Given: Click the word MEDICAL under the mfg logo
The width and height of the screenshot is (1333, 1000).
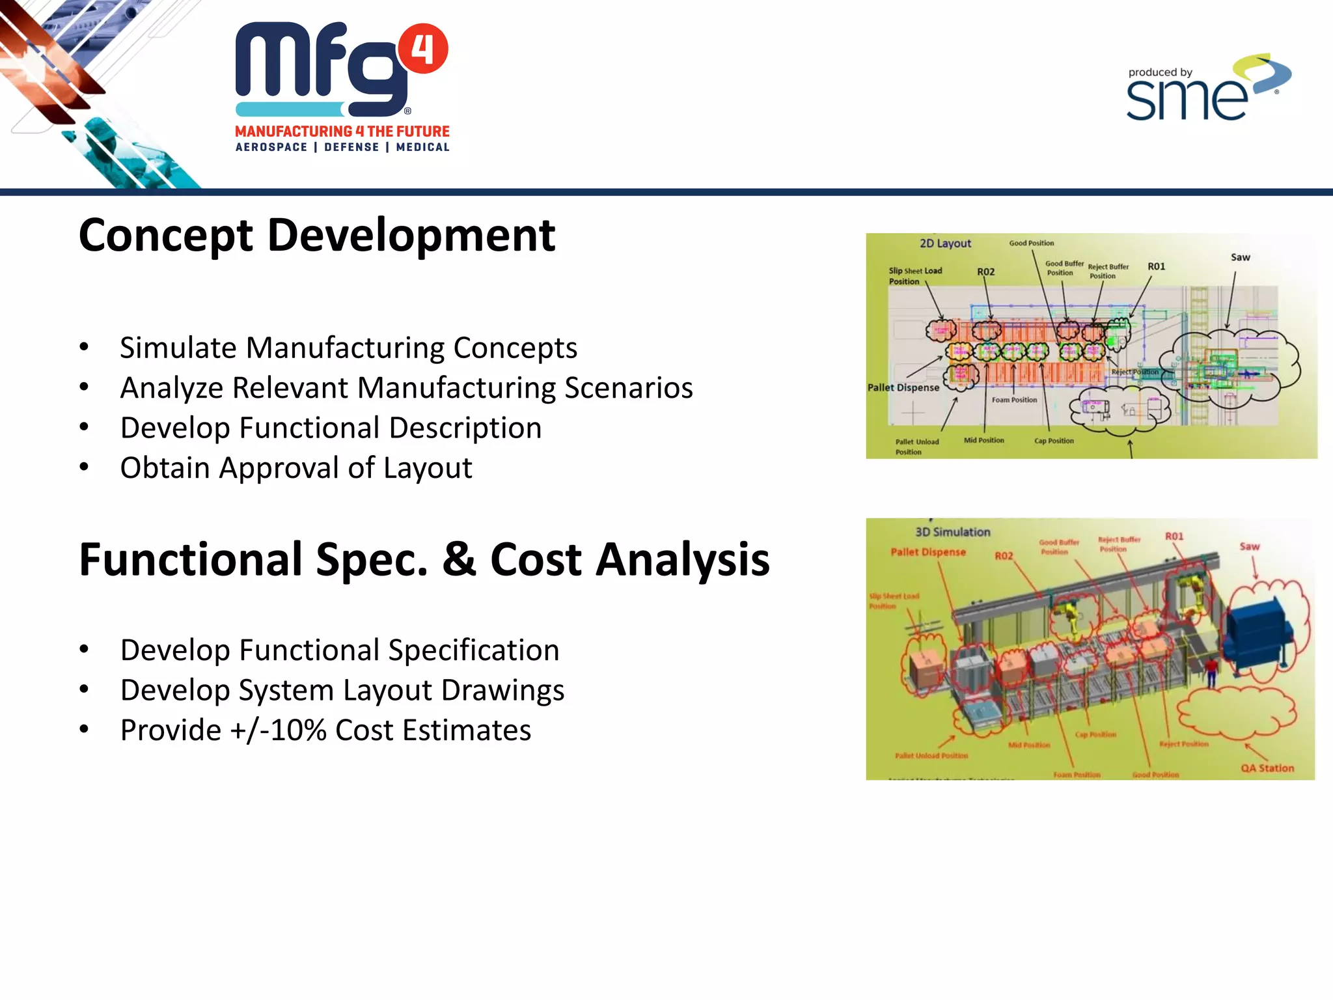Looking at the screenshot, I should tap(422, 147).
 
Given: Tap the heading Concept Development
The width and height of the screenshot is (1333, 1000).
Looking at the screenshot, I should tap(316, 235).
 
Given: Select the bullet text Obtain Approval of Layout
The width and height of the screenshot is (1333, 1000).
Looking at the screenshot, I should tap(295, 468).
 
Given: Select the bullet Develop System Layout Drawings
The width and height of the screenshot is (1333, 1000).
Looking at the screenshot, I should tap(342, 690).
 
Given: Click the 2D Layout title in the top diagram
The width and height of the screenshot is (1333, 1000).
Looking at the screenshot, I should tap(944, 243).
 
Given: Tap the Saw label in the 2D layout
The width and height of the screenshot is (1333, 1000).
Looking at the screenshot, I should tap(1240, 257).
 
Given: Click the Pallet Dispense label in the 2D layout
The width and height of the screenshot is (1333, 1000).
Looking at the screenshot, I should tap(903, 387).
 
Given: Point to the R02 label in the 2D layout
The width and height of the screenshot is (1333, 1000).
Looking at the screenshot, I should tap(985, 271).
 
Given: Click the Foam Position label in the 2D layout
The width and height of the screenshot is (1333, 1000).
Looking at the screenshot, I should tap(1014, 400).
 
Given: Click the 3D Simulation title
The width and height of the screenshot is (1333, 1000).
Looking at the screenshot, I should tap(952, 532).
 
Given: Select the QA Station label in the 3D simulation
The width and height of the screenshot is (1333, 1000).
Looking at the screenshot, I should tap(1267, 768).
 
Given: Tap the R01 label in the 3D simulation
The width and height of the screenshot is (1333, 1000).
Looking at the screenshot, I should tap(1174, 536).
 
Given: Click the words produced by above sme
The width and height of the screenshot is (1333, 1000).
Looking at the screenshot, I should tap(1160, 72).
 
